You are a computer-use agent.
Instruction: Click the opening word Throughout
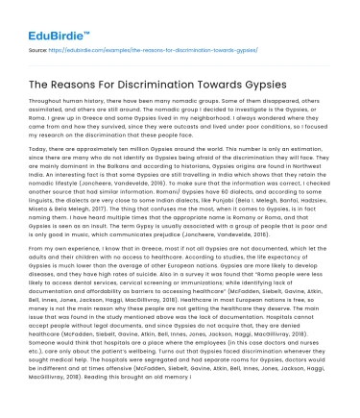pyautogui.click(x=53, y=110)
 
